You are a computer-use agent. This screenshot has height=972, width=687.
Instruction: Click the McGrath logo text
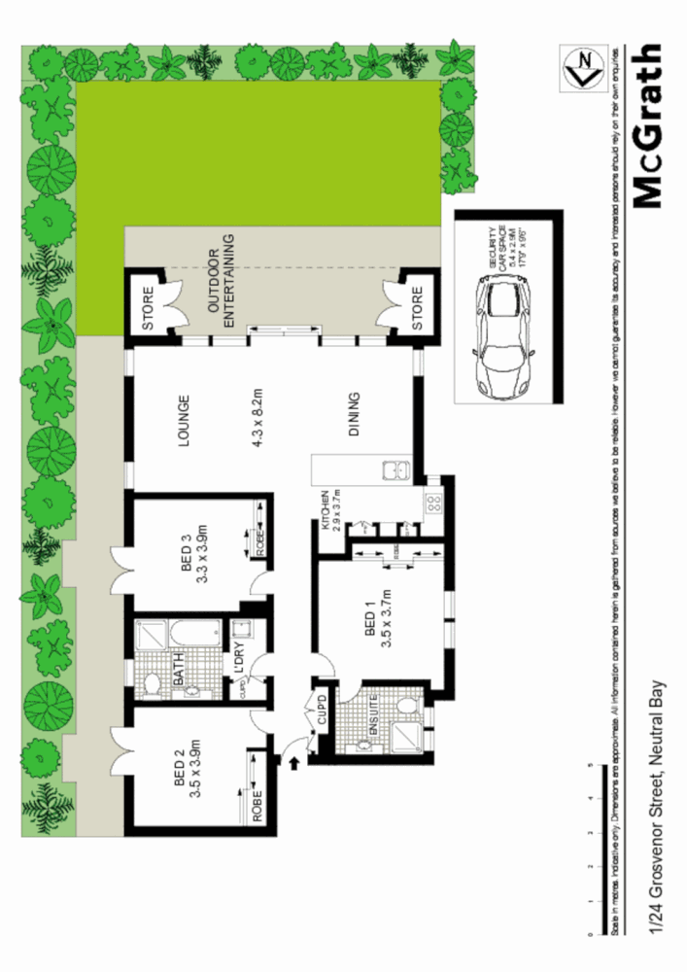tap(645, 125)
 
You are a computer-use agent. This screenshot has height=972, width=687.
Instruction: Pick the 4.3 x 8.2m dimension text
tap(258, 415)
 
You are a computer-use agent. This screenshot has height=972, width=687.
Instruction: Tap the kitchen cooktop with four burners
tap(433, 503)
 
